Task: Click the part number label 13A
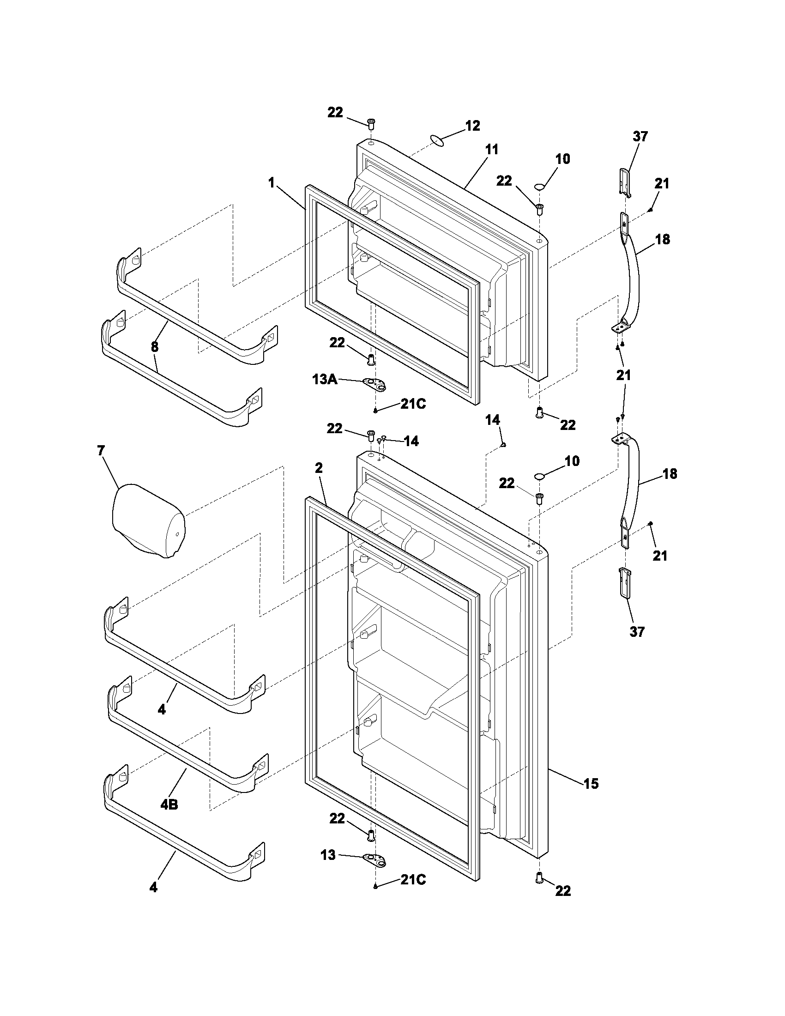[x=325, y=380]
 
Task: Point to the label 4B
[x=169, y=804]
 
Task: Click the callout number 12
[x=472, y=126]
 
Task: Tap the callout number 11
[x=492, y=150]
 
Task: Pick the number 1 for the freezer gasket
[x=271, y=183]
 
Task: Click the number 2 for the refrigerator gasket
[x=319, y=468]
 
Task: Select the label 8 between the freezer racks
[x=154, y=346]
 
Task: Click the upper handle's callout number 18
[x=663, y=239]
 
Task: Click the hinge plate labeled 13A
[x=375, y=383]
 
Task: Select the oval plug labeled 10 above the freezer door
[x=539, y=187]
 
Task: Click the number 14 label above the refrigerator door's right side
[x=493, y=420]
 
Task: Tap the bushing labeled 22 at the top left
[x=371, y=124]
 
